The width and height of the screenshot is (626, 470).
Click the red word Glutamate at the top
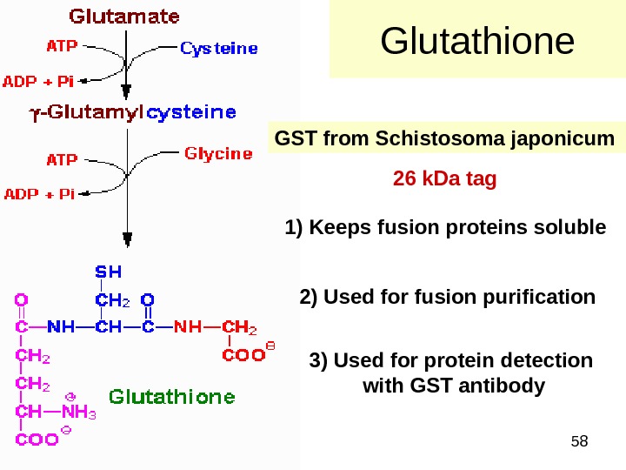tap(124, 17)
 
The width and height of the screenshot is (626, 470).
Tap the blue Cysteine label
tap(219, 49)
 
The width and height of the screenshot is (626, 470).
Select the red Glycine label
tap(218, 154)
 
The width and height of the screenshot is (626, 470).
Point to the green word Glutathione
tap(171, 397)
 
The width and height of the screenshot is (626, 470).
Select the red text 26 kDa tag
tap(444, 179)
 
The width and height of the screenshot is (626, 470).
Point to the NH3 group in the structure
tap(78, 413)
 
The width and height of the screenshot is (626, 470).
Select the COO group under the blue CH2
tap(244, 354)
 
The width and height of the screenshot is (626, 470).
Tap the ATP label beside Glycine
tap(61, 159)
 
